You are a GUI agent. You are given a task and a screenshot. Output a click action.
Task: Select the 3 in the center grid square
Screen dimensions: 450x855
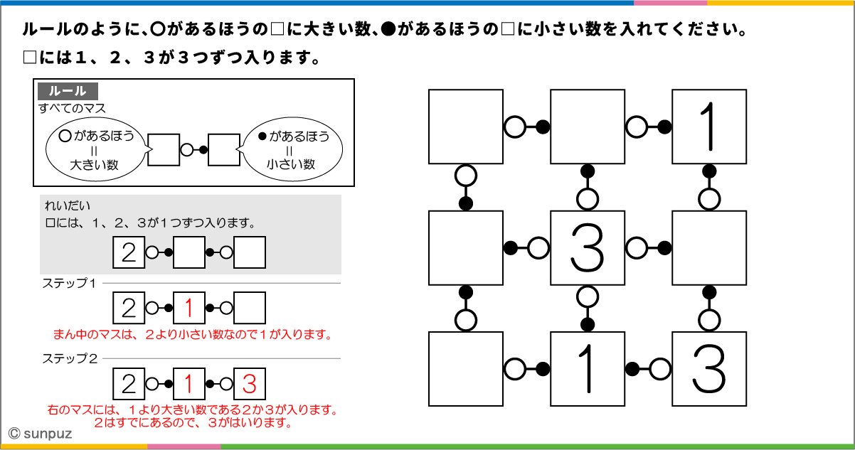[x=588, y=248]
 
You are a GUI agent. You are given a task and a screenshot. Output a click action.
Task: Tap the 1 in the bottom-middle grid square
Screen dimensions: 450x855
[x=588, y=369]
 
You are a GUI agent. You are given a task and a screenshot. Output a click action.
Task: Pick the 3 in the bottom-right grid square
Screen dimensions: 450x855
[x=709, y=369]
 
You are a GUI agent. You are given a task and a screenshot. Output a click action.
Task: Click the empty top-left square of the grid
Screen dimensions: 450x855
[x=466, y=127]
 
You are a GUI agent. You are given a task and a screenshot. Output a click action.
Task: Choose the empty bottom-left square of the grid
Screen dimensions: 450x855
[x=466, y=369]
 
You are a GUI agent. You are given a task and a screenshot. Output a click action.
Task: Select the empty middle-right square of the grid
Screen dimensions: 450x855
[x=709, y=248]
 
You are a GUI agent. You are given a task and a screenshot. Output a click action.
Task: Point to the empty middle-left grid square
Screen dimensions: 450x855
[x=466, y=248]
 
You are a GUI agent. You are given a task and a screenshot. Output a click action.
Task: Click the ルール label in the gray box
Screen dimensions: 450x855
[x=68, y=91]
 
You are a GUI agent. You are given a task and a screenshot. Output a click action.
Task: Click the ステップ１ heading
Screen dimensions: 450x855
[x=69, y=283]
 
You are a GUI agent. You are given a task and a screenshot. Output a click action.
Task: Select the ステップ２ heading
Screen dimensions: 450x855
[x=69, y=359]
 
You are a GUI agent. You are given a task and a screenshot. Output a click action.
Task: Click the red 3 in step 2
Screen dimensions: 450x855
[x=249, y=384]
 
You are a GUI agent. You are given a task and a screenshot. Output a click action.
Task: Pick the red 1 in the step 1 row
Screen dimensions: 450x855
[x=189, y=308]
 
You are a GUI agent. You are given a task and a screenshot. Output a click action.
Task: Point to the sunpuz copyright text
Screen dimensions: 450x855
[x=36, y=432]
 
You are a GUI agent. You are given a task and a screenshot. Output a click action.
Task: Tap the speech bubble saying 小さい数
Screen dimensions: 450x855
[x=291, y=150]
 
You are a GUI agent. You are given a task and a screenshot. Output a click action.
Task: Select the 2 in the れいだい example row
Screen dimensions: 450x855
[x=129, y=252]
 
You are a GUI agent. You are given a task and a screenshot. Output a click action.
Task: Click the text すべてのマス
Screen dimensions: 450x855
[x=72, y=108]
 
